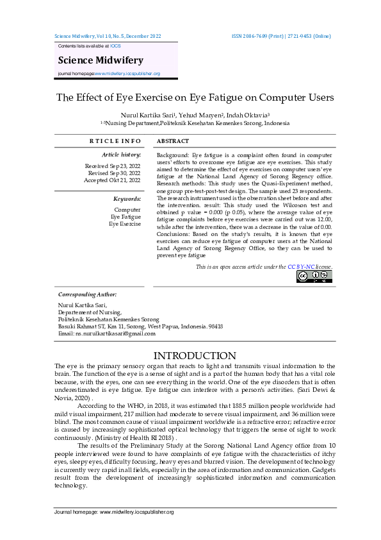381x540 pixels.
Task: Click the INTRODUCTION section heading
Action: coord(195,355)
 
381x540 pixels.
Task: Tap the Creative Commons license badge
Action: coord(314,276)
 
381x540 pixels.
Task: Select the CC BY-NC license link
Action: coord(304,266)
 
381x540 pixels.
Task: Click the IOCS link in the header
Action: coord(115,47)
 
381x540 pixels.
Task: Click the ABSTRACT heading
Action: coord(173,141)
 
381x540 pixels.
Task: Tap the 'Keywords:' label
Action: coord(127,199)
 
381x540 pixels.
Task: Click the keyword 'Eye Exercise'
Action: coord(125,224)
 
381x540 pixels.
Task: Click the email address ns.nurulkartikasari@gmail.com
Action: coord(106,333)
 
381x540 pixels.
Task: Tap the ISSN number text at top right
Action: coord(281,37)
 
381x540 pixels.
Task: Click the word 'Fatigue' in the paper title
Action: coord(212,97)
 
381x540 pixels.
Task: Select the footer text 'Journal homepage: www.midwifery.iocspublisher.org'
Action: coord(114,512)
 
